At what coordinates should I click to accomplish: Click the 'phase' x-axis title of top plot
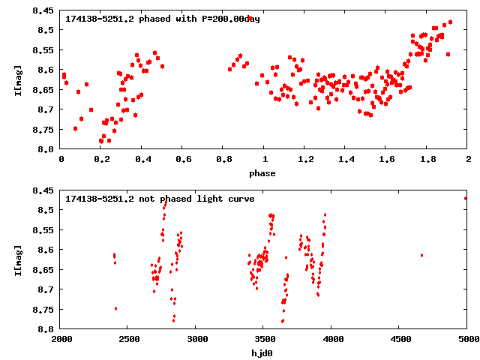point(262,173)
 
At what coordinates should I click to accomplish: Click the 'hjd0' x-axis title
point(262,353)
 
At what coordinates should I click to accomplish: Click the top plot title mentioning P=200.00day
point(163,19)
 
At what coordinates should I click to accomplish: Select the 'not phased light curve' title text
point(160,199)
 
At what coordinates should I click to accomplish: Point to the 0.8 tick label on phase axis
point(223,160)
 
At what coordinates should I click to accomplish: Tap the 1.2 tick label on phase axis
point(304,160)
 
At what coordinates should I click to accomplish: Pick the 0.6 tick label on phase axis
point(182,160)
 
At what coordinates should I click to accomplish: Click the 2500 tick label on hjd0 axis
point(128,340)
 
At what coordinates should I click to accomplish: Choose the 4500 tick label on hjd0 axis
point(399,340)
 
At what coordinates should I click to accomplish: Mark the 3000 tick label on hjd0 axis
point(196,340)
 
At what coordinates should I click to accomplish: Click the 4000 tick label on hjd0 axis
point(331,340)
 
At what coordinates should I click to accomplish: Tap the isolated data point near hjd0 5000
point(466,198)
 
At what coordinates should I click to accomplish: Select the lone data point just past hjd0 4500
point(421,255)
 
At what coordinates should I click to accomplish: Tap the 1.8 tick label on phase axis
point(427,160)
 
